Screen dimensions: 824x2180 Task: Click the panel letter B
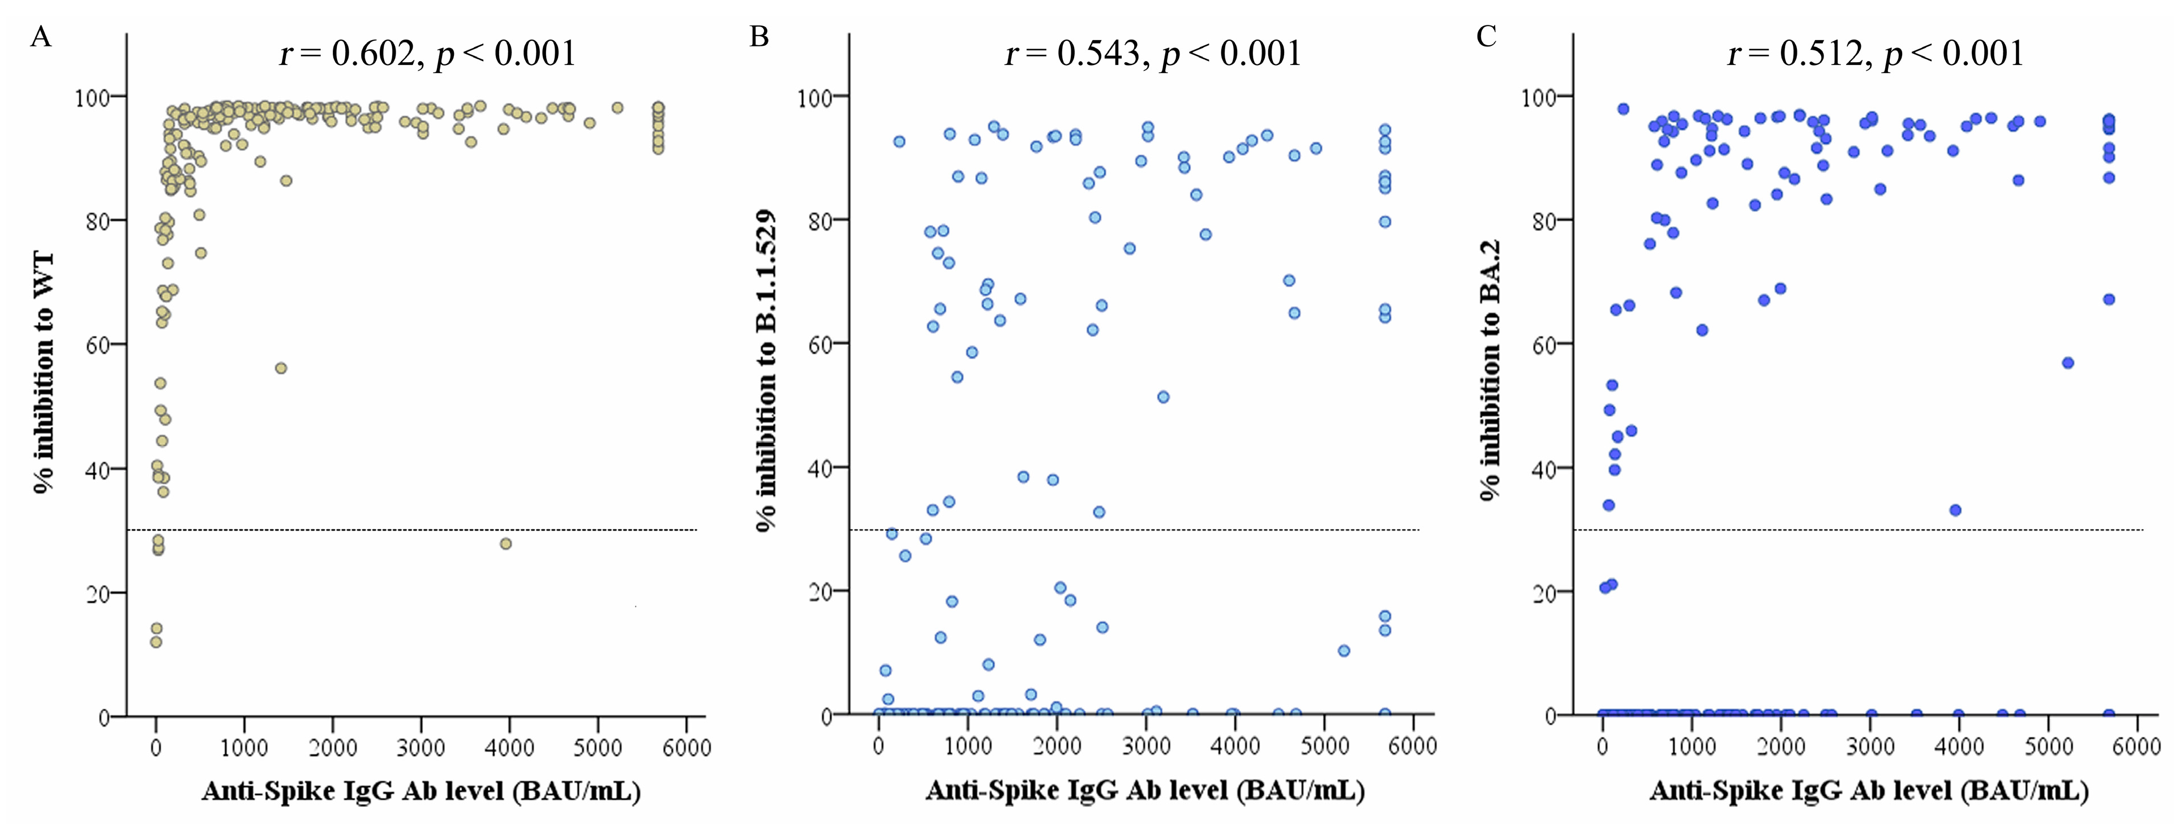point(759,37)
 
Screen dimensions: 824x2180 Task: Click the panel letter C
point(1486,37)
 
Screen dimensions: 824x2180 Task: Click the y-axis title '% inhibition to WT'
point(42,372)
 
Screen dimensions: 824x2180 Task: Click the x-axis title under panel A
point(420,791)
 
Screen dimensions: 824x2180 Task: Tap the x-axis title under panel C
point(1869,791)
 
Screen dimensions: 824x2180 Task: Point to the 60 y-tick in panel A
point(100,345)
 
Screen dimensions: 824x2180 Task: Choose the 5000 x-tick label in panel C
point(2048,746)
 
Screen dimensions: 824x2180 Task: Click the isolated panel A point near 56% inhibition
point(281,368)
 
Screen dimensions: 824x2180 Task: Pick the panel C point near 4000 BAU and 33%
point(1955,510)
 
